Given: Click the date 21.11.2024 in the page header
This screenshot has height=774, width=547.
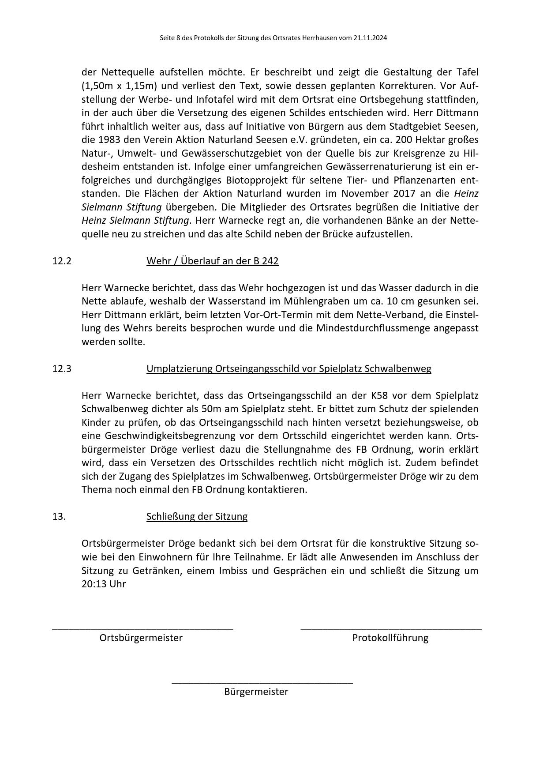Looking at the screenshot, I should pos(370,38).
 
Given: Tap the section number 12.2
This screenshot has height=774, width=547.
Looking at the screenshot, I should pos(61,261).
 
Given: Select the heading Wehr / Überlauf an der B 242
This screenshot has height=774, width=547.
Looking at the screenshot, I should pos(212,261).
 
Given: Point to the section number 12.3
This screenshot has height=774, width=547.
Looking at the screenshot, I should pos(61,368).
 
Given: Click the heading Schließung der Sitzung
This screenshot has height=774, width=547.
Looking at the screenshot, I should pos(197,516).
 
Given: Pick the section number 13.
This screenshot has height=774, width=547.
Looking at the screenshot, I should pos(59,516).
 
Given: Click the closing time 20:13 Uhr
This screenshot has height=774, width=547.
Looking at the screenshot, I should pos(104,584).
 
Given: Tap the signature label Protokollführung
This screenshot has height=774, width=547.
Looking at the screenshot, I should pos(390,638).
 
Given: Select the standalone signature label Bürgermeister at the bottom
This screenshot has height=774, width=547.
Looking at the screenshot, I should pos(256,691).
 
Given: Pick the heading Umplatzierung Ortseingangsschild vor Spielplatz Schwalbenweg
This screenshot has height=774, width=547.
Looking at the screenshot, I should pos(288,368).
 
